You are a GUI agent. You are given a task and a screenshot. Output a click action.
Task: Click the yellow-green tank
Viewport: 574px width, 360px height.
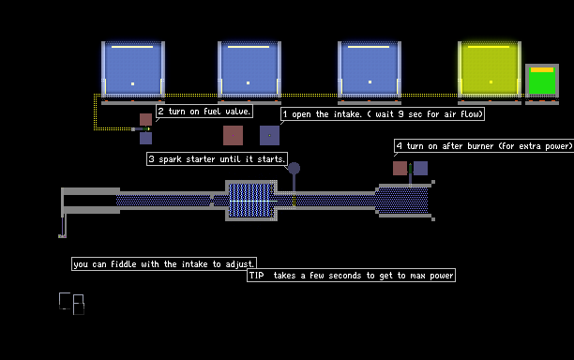490,68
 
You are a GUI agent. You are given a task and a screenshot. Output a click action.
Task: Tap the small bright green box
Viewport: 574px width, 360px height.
542,82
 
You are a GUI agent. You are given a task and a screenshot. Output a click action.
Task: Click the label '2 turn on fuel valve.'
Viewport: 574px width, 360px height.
204,112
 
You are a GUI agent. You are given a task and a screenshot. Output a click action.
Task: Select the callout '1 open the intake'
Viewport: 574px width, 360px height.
383,114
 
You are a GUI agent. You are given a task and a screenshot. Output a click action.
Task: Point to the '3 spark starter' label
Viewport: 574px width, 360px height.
217,159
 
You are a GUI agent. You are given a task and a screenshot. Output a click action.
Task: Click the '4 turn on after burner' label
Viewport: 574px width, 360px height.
484,146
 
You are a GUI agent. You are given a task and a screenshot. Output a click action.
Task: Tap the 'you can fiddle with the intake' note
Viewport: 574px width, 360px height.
164,263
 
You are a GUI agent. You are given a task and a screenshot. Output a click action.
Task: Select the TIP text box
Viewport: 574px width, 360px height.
352,275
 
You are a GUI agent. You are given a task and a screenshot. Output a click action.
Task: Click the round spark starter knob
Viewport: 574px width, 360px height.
294,169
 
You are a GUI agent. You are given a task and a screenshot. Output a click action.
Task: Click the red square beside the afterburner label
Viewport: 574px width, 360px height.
400,169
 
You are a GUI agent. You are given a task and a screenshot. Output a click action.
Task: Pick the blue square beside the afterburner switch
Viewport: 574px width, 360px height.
420,169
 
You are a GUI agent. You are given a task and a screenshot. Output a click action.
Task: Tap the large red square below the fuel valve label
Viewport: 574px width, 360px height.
234,135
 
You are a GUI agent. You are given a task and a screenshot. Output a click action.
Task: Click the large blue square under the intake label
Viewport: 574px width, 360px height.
269,135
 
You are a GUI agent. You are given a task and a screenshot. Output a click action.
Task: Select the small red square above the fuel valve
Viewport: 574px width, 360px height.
145,120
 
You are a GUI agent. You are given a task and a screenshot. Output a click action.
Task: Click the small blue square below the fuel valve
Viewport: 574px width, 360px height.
145,139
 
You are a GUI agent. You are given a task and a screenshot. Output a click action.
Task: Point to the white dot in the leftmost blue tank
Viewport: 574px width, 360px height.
132,83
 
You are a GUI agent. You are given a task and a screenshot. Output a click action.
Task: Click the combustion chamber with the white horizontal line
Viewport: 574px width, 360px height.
251,201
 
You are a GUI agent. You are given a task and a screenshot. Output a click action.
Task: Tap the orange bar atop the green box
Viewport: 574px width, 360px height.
542,69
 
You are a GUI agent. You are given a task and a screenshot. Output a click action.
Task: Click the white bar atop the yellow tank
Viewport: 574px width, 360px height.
489,47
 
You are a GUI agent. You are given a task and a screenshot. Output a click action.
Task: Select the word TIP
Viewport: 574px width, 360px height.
257,275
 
